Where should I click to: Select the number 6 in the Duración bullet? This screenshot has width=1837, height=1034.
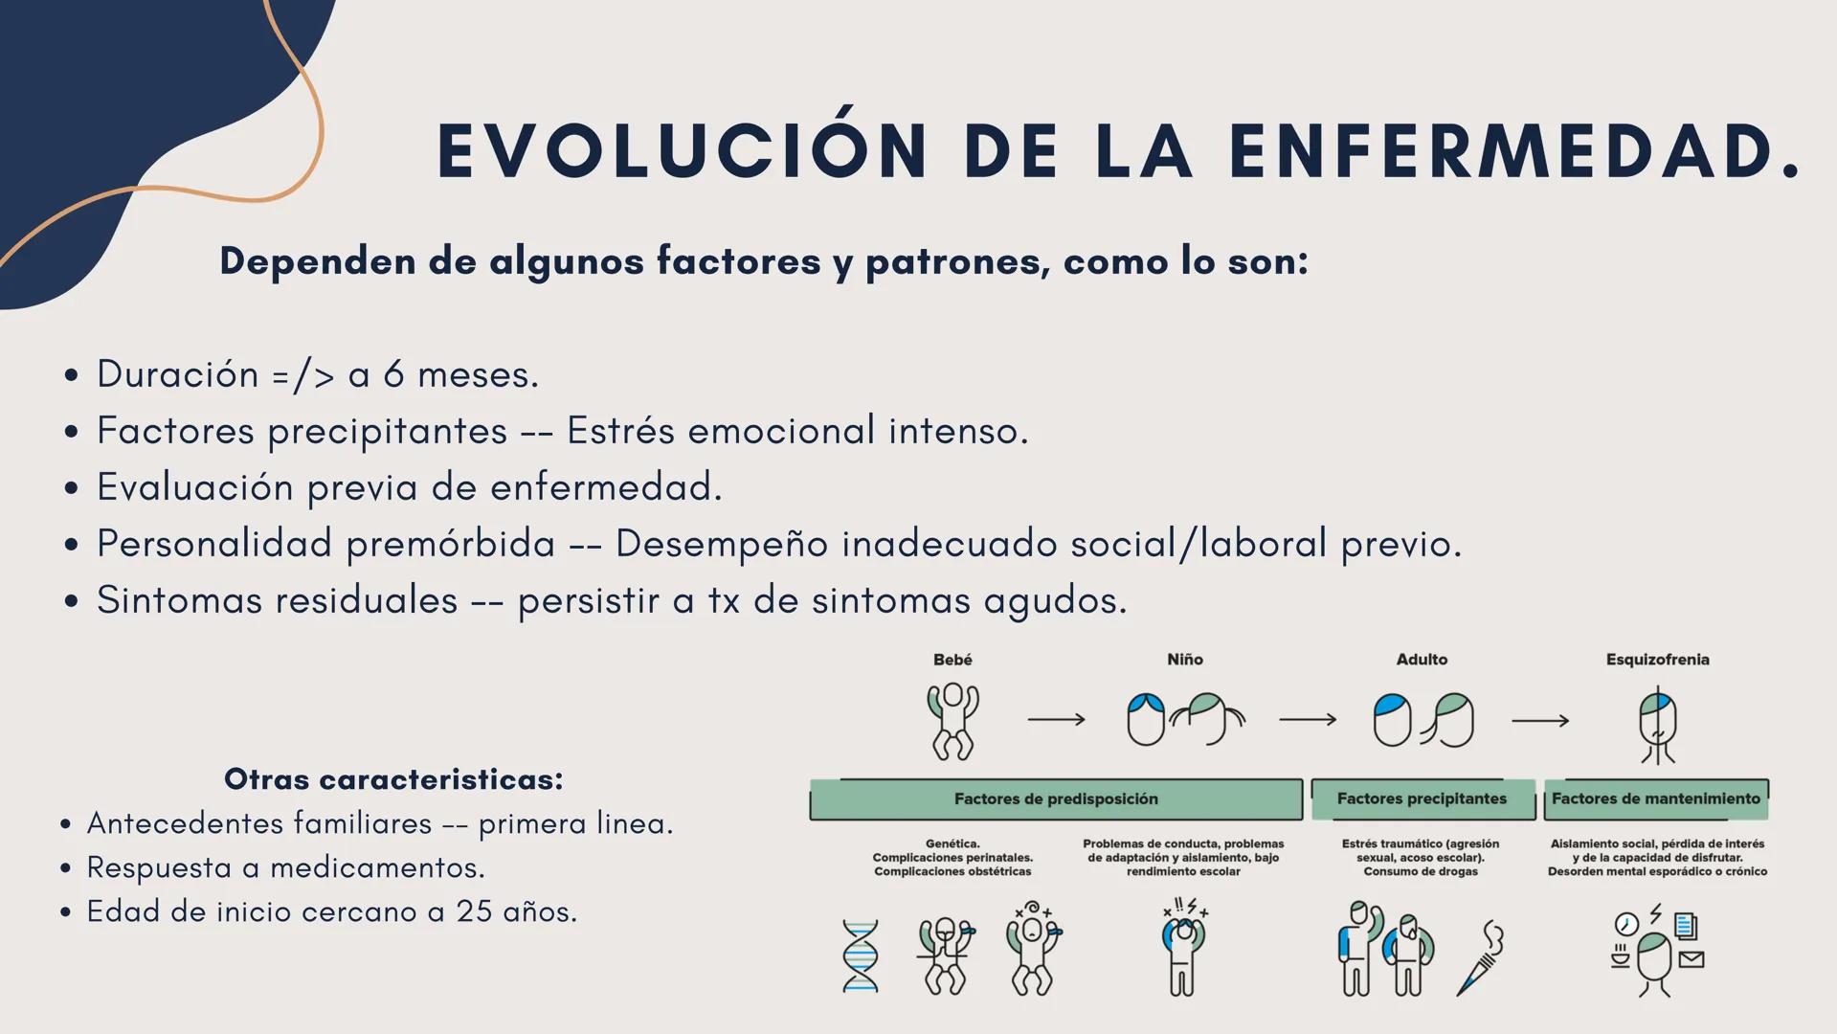(x=393, y=374)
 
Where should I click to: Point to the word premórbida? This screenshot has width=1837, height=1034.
(x=450, y=544)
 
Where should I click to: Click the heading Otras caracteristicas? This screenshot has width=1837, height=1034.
(x=393, y=779)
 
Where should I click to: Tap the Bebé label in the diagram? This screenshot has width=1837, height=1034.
(x=952, y=660)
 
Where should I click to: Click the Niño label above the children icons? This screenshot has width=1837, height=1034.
(x=1185, y=660)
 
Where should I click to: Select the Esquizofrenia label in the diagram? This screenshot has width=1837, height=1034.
(x=1657, y=660)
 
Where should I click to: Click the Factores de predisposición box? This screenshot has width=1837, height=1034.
(x=1056, y=798)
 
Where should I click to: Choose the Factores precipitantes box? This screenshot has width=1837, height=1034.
(x=1422, y=798)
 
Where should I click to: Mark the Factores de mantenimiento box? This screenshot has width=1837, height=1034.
(x=1656, y=798)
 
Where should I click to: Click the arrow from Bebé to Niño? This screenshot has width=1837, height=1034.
(x=1056, y=719)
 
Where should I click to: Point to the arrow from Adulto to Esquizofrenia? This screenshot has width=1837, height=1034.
(x=1540, y=720)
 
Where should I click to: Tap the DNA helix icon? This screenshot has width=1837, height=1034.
(x=860, y=955)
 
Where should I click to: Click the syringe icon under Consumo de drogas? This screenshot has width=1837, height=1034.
(x=1480, y=959)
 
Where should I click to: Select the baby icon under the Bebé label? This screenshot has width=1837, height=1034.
(x=952, y=721)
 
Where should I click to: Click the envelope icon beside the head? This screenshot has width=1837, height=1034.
(x=1691, y=958)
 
